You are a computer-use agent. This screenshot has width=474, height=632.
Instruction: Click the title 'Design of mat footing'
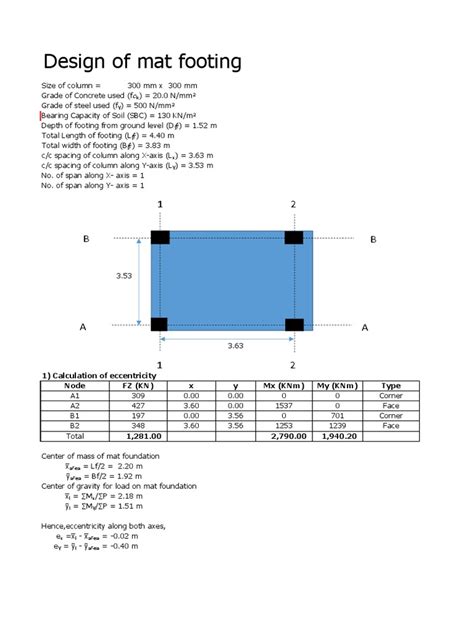coord(141,62)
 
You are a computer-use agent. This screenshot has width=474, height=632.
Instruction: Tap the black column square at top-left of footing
coord(159,238)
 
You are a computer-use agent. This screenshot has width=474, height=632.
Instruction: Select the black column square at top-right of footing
coord(293,238)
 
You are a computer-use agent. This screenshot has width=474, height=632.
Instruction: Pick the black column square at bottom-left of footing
coord(159,324)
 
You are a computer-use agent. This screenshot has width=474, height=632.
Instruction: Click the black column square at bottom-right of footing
coord(293,324)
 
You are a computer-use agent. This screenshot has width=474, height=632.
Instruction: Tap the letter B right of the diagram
coord(373,239)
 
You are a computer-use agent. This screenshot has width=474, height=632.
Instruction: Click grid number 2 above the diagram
coord(293,204)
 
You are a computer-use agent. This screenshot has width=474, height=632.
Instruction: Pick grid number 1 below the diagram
coord(159,364)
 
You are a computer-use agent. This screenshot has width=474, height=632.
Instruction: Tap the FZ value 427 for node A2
coord(137,406)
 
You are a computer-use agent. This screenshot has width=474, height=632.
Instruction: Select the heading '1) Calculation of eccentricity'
coord(100,375)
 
